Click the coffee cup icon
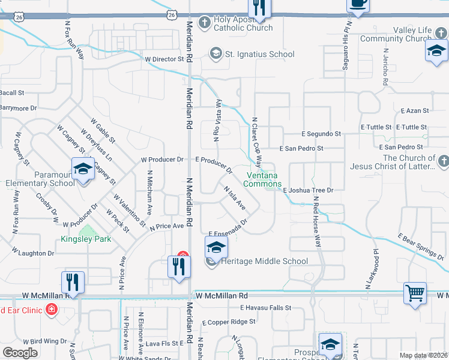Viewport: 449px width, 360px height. (x=358, y=4)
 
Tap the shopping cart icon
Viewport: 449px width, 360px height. (x=414, y=293)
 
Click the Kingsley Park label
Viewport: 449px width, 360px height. (x=86, y=239)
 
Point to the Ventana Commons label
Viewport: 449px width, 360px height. (x=263, y=179)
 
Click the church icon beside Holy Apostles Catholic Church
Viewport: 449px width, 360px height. (x=204, y=23)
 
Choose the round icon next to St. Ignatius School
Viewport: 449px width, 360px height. (x=215, y=54)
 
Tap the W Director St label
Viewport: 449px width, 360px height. (x=164, y=59)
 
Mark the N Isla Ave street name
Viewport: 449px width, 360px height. (x=235, y=197)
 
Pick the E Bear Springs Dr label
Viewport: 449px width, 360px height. (x=420, y=247)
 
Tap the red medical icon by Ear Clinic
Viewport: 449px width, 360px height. (x=52, y=310)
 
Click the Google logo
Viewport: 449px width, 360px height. (x=20, y=352)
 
